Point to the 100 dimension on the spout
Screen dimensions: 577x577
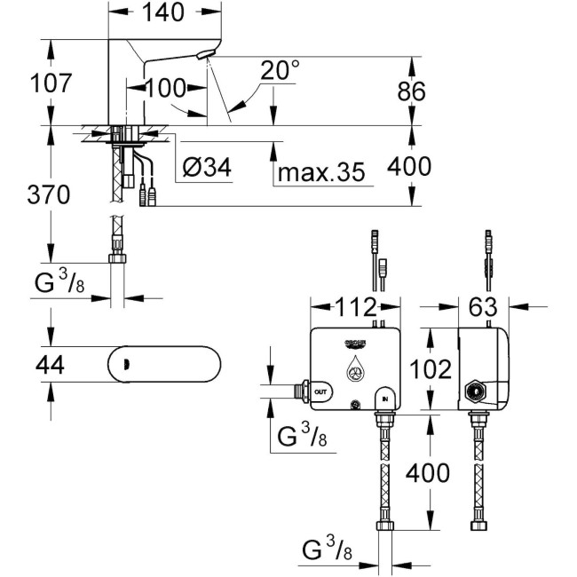tap(165, 87)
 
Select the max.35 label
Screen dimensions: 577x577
tap(320, 172)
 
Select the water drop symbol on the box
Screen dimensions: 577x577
tap(353, 368)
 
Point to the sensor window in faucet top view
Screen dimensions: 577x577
tap(126, 363)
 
